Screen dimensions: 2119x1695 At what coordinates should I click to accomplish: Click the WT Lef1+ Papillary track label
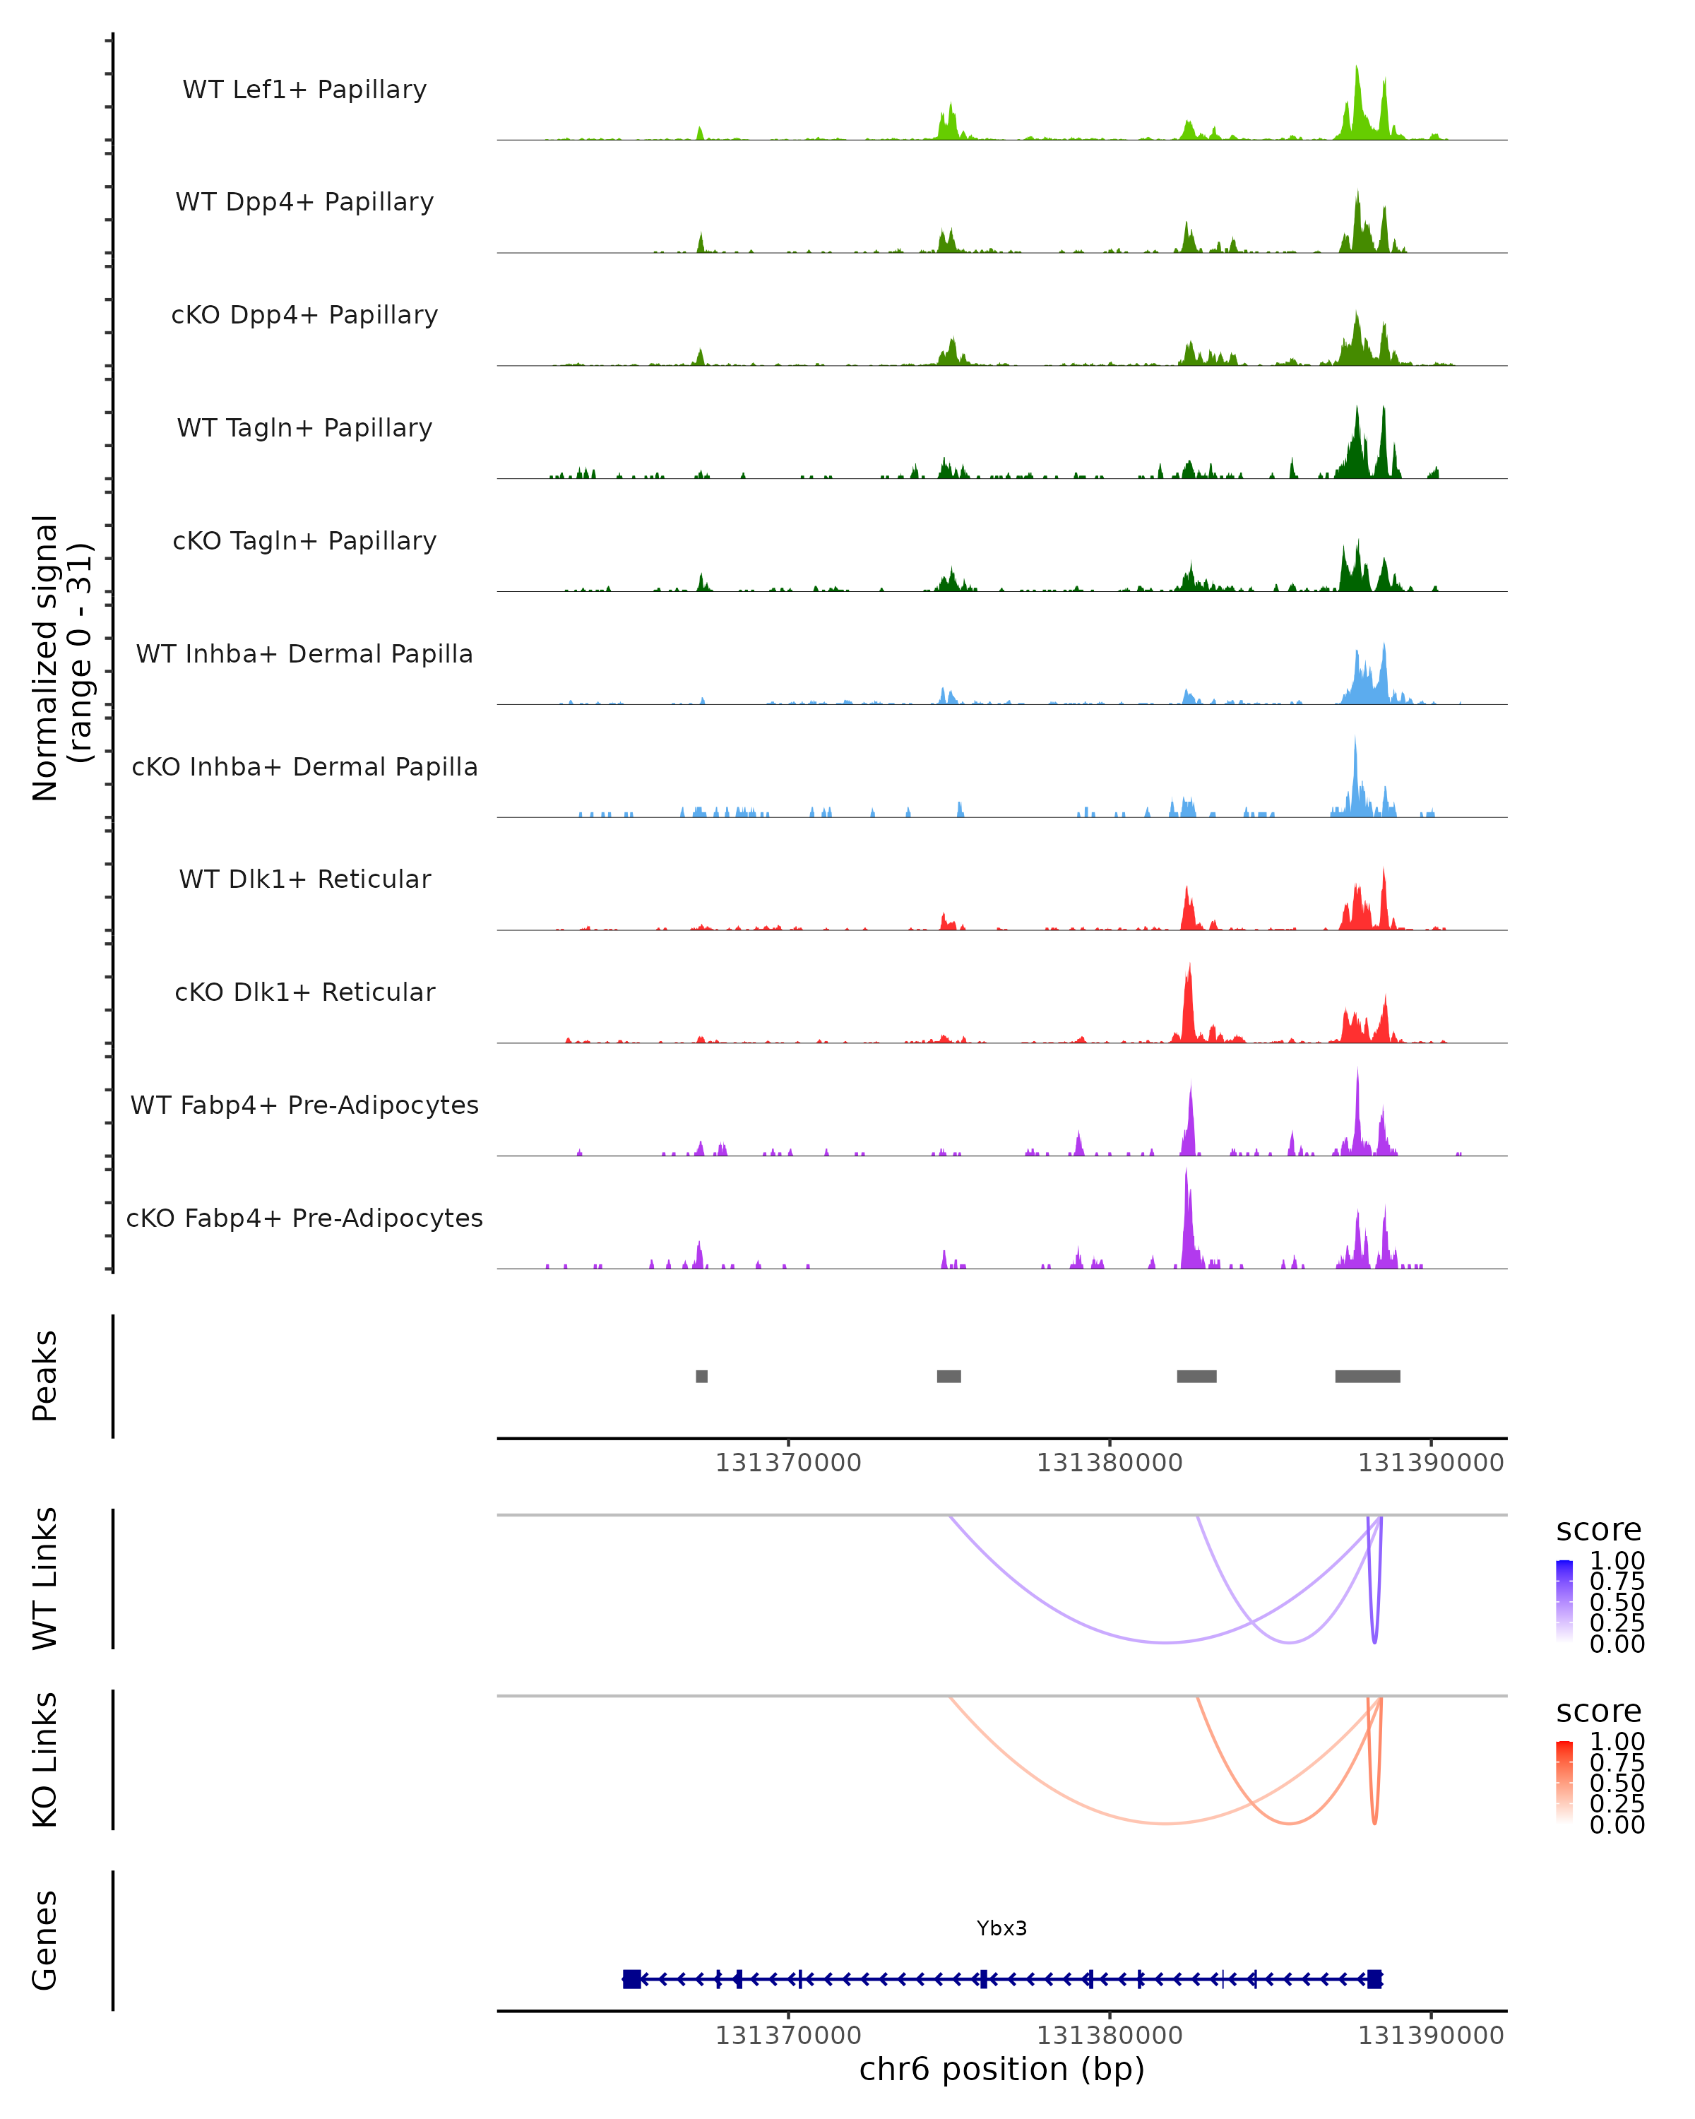coord(304,90)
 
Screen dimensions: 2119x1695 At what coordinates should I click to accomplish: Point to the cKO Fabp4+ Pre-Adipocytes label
coord(304,1218)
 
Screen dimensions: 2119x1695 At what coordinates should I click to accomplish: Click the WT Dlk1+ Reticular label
coord(304,879)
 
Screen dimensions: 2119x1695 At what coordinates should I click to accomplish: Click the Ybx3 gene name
coord(1001,1928)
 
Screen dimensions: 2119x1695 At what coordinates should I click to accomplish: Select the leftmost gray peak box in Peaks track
coord(701,1376)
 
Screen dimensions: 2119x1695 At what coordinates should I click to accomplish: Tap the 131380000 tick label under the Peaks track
coord(1110,1463)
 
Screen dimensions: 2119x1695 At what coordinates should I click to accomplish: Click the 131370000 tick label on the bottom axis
coord(788,2036)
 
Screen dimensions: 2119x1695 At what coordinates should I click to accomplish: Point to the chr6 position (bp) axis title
coord(1001,2070)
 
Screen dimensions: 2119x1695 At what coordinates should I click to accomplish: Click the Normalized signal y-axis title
coord(61,658)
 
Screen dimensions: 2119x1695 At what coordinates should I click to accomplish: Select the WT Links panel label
coord(45,1579)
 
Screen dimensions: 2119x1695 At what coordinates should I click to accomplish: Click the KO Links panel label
coord(45,1759)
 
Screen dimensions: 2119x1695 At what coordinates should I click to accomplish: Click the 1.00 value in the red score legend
coord(1617,1742)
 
